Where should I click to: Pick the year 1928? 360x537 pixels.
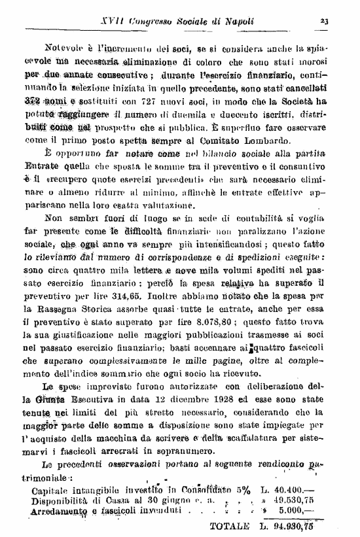(x=209, y=398)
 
